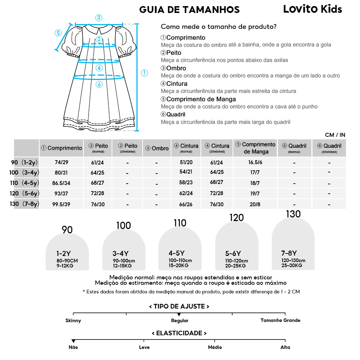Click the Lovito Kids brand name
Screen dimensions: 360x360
pyautogui.click(x=312, y=9)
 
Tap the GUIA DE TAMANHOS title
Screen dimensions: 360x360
pyautogui.click(x=189, y=9)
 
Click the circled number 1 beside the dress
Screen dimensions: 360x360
pyautogui.click(x=144, y=73)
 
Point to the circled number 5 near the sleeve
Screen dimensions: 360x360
pyautogui.click(x=58, y=33)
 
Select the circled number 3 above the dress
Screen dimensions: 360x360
pyautogui.click(x=99, y=18)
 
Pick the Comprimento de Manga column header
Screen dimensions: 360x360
pyautogui.click(x=255, y=148)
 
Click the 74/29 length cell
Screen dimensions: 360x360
pyautogui.click(x=61, y=163)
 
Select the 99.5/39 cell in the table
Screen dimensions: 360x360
pyautogui.click(x=61, y=204)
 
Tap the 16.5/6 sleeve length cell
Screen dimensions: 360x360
pyautogui.click(x=255, y=163)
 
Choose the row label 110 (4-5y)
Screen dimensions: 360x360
pyautogui.click(x=25, y=183)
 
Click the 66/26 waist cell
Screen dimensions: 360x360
pyautogui.click(x=186, y=204)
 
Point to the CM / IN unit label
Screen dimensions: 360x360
pyautogui.click(x=335, y=135)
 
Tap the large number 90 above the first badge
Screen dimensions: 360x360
pyautogui.click(x=67, y=230)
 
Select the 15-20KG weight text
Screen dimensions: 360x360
pyautogui.click(x=179, y=266)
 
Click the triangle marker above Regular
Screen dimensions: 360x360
pyautogui.click(x=179, y=315)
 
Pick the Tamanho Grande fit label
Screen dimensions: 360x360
pyautogui.click(x=280, y=320)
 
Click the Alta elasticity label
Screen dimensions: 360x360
pyautogui.click(x=285, y=347)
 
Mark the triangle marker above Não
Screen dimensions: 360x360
pyautogui.click(x=73, y=341)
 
